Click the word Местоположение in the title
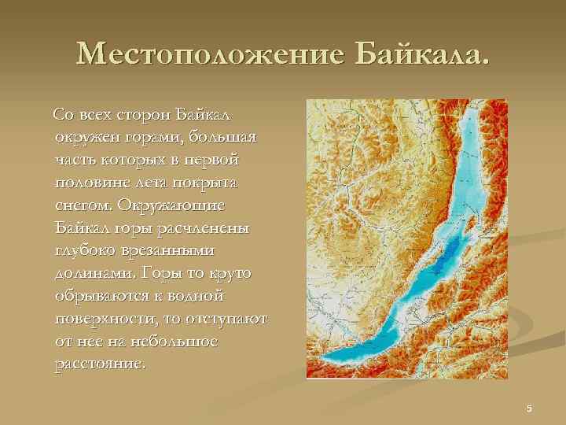[211, 54]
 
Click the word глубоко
[88, 250]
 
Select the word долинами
[93, 274]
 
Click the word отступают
[223, 320]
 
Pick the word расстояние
[101, 364]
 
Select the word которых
[133, 160]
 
